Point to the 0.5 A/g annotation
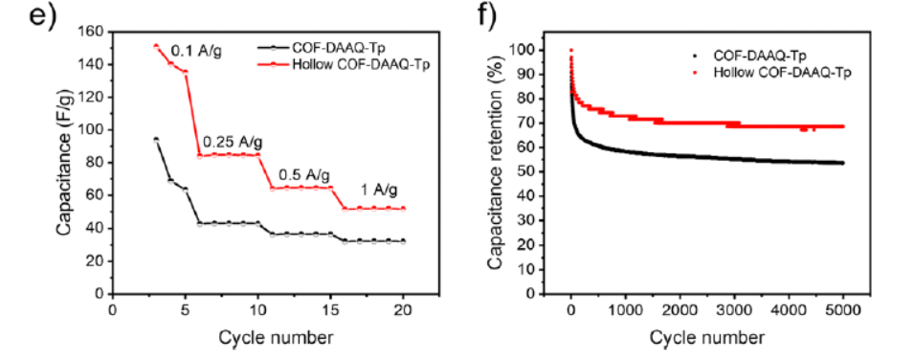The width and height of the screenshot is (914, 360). point(304,175)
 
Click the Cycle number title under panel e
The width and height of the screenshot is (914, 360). point(257,337)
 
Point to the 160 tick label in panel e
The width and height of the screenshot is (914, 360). point(92,32)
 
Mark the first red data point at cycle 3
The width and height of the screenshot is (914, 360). point(156,46)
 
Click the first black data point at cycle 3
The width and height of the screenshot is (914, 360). point(156,140)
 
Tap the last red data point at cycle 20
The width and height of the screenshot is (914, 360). point(402,209)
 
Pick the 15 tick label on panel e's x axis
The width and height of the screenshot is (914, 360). point(330,311)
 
